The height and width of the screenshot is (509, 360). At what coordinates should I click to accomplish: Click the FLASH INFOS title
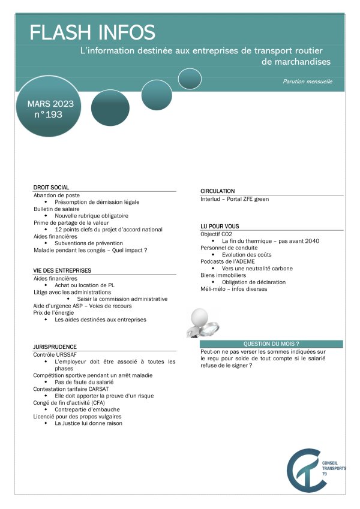coord(92,32)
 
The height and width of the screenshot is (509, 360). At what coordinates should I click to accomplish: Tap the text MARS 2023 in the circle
coord(50,104)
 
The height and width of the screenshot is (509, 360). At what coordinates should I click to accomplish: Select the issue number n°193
coord(49,115)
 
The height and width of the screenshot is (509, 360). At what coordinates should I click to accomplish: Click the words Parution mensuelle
coord(307,82)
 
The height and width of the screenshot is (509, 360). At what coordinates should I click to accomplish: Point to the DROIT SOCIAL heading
coord(51,187)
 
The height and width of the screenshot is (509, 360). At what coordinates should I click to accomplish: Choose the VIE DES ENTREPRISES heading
coord(62,270)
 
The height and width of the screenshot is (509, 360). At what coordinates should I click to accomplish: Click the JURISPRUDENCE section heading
coord(55,347)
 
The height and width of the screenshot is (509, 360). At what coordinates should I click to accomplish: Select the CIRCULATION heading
coord(217,191)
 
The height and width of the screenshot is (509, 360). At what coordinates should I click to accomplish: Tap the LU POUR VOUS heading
coord(220,226)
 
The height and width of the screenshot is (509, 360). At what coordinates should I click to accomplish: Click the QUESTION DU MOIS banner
coord(271,344)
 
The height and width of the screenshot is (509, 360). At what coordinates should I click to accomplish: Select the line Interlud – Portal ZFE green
coord(235,198)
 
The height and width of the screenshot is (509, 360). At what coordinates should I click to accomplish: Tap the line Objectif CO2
coord(216,233)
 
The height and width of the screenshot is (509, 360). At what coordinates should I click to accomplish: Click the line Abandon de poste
coord(56,195)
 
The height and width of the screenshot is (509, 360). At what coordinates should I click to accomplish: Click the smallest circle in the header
coord(190,78)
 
